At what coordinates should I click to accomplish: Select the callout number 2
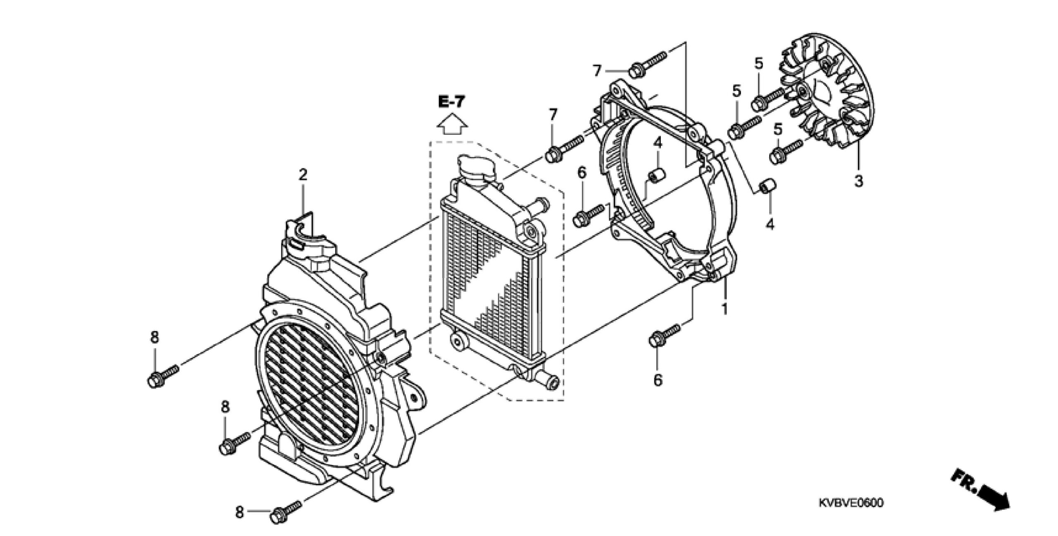tap(303, 175)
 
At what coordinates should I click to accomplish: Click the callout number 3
tap(859, 180)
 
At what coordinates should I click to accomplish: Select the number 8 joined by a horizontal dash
tap(239, 512)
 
